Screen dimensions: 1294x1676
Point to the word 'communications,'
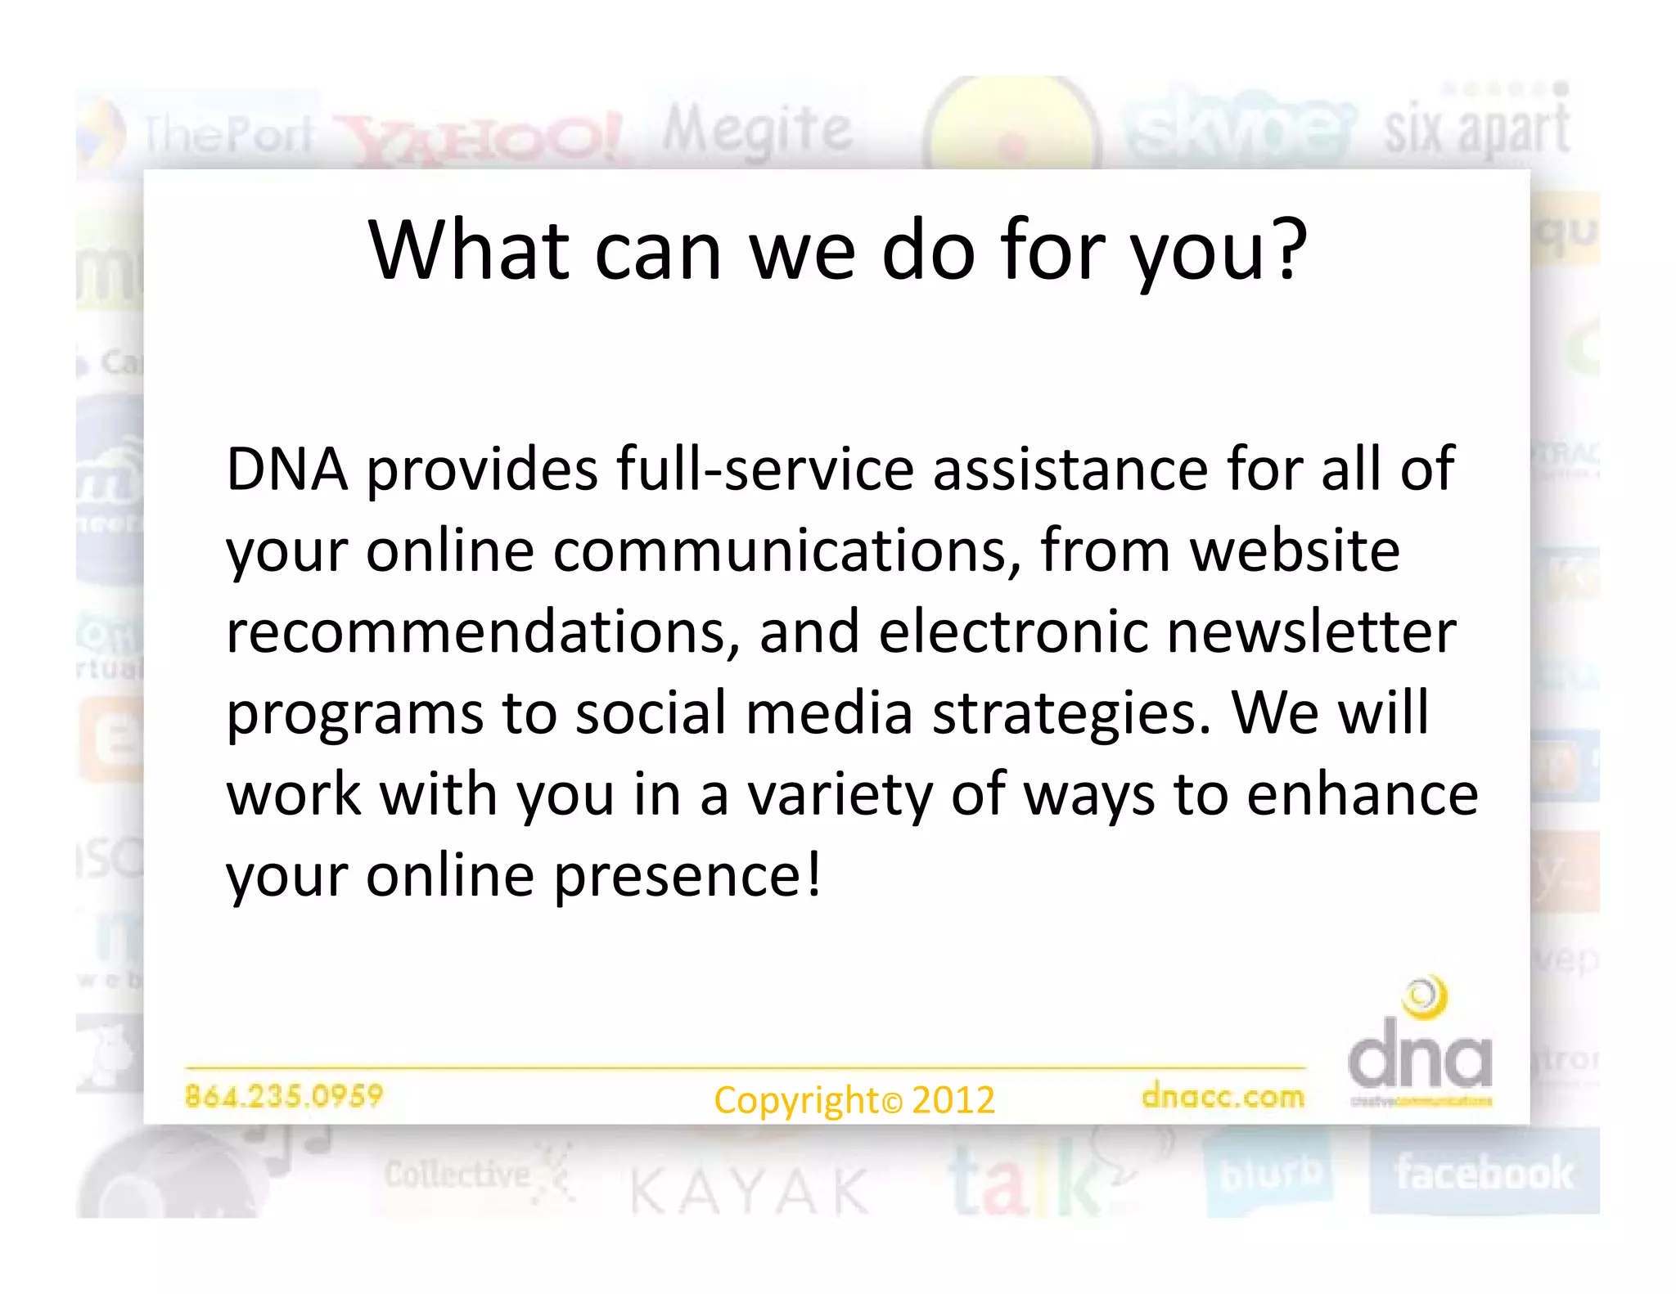786,550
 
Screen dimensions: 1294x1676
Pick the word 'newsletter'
1311,631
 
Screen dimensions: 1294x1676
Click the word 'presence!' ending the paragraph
687,875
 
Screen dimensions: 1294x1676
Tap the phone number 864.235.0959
284,1095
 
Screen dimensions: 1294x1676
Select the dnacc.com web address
1223,1096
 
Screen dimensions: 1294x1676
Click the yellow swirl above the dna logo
1425,997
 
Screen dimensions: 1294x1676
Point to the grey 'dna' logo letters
1420,1061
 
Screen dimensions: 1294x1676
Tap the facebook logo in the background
1484,1173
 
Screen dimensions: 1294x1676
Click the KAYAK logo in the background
749,1191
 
